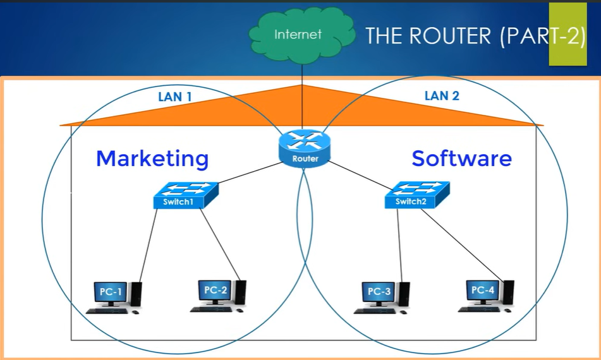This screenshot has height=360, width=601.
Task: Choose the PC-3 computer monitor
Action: (379, 292)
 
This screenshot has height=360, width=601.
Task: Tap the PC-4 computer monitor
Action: (483, 291)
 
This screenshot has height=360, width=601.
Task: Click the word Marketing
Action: (152, 158)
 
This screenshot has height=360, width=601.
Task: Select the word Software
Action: (461, 158)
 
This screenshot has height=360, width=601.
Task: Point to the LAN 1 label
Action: (174, 97)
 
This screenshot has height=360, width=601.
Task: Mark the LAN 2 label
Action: (442, 96)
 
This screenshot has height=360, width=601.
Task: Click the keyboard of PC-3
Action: (375, 311)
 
